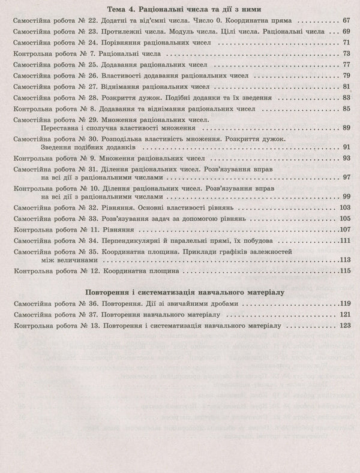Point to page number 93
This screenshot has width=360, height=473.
pyautogui.click(x=345, y=158)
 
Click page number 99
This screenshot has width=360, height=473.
pyautogui.click(x=345, y=197)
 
